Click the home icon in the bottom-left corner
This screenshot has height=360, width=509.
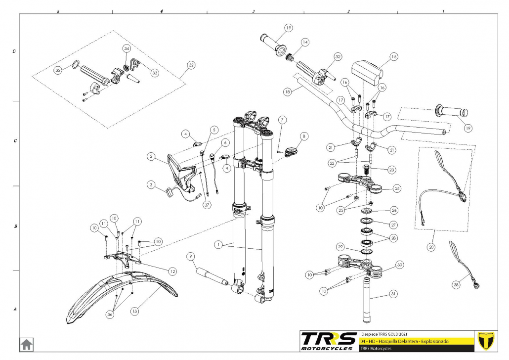(27, 344)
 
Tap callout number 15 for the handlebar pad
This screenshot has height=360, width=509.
(394, 56)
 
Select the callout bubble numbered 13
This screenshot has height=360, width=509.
(135, 311)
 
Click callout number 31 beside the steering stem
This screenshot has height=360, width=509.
(393, 294)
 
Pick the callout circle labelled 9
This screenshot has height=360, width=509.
(191, 257)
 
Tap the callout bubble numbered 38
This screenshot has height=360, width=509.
(456, 285)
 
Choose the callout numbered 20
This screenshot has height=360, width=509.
(431, 247)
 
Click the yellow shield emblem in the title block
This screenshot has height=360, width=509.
(486, 341)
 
